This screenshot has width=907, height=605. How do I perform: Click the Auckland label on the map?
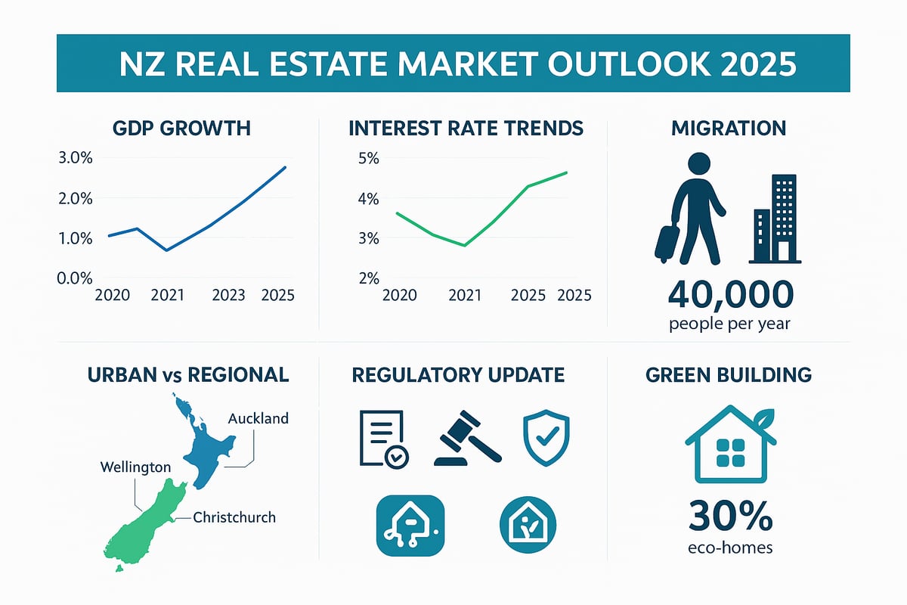[258, 418]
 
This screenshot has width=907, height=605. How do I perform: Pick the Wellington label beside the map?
[135, 467]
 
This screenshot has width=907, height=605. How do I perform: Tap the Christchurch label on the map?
[234, 518]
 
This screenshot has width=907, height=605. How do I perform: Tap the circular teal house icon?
[528, 523]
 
